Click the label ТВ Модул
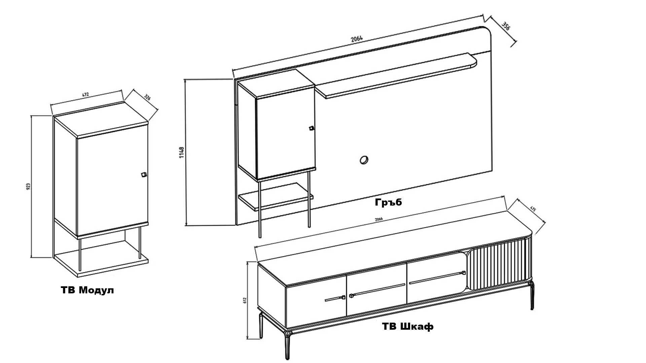pos(87,290)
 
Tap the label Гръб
pos(388,202)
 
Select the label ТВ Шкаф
pos(408,326)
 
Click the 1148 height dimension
pos(182,152)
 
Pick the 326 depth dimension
pos(147,98)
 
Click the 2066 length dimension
pos(379,219)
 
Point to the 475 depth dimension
pos(533,209)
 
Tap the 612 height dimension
pos(245,300)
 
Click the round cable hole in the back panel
pos(364,160)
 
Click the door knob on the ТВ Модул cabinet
pos(143,175)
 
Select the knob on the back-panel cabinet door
pos(312,128)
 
